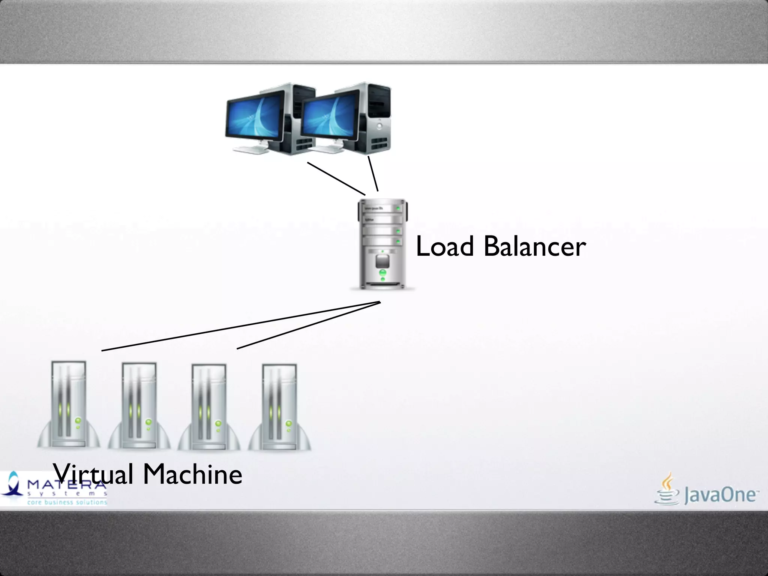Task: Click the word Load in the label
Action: [x=445, y=247]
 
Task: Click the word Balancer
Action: [x=535, y=247]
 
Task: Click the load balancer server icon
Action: [x=382, y=244]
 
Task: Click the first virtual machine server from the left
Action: [x=69, y=405]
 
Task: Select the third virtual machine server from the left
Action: [x=209, y=406]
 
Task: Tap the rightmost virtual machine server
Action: [x=279, y=406]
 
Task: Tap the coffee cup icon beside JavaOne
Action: [x=667, y=489]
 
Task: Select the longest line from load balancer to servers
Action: [x=240, y=326]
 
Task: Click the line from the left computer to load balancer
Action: [x=336, y=178]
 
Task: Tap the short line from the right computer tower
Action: [x=373, y=174]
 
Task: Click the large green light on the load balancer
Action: [x=382, y=272]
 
